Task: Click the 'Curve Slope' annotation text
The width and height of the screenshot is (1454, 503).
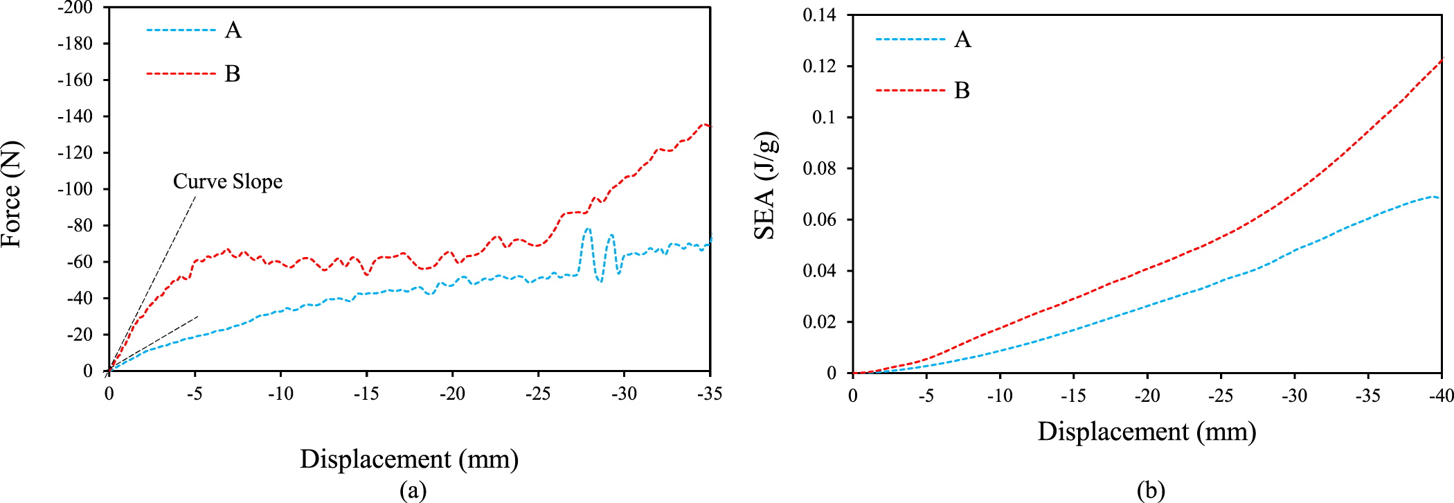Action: tap(227, 182)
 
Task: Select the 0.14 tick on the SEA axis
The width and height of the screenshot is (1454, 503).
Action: tap(819, 15)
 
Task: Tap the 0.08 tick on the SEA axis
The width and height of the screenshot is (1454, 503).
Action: tap(819, 168)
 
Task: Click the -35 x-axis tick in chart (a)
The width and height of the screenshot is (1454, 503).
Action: tap(709, 394)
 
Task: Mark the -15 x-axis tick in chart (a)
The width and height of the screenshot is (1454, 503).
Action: tap(366, 394)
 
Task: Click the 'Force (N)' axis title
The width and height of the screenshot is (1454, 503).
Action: tap(12, 194)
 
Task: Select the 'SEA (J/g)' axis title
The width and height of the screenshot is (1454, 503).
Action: tap(766, 186)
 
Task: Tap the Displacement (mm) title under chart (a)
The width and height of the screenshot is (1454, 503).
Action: tap(409, 459)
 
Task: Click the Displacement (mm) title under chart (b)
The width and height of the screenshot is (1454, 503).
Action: tap(1147, 432)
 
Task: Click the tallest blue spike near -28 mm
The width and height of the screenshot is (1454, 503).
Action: tap(588, 229)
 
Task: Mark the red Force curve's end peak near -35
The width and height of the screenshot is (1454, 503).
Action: tap(705, 125)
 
